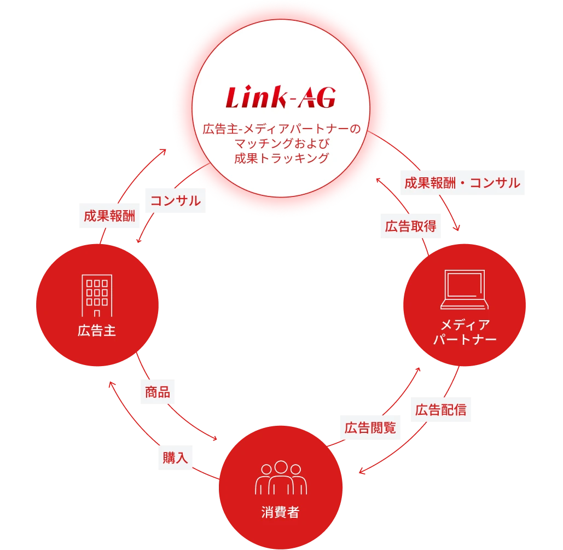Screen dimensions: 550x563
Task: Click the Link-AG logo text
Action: [281, 99]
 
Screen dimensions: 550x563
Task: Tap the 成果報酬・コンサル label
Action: [462, 183]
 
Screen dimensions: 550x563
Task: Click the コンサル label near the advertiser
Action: [175, 201]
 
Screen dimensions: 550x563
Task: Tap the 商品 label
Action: [157, 392]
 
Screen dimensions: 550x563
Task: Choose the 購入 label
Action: [175, 458]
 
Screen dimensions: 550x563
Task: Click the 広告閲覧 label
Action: [370, 427]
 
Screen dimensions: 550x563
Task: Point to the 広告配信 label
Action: [440, 410]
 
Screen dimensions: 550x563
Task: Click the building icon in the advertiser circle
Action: [97, 296]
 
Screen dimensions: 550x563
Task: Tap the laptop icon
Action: [464, 290]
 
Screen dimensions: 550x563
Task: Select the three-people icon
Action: [281, 478]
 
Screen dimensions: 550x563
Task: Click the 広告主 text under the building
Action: [97, 331]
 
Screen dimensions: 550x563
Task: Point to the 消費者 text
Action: [281, 513]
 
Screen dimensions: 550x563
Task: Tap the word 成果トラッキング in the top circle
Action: [281, 159]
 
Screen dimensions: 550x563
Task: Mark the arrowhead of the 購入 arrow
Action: [110, 384]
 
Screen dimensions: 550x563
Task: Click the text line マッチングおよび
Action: [281, 144]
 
